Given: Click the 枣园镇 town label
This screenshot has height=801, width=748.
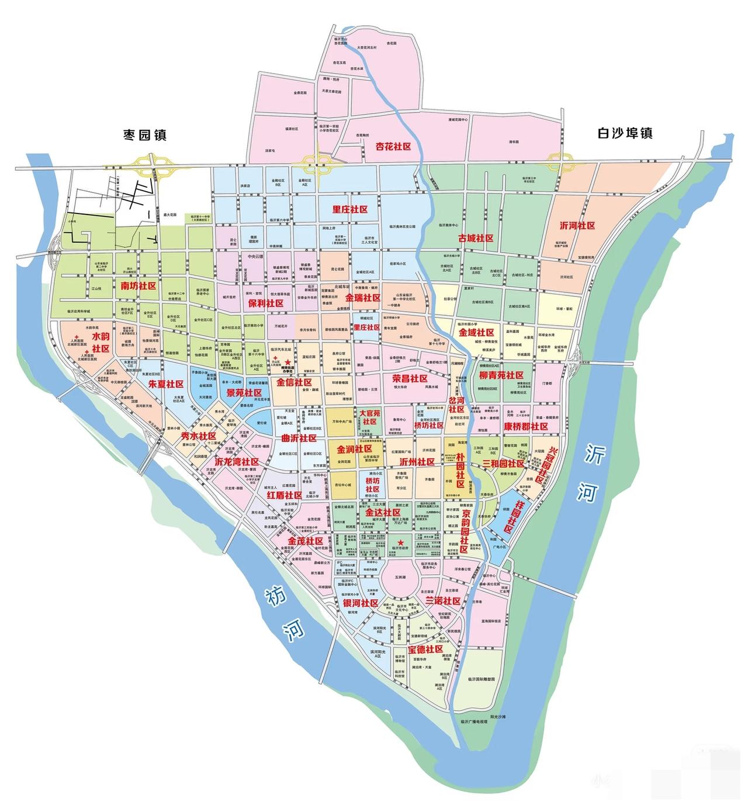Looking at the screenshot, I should click(x=144, y=135).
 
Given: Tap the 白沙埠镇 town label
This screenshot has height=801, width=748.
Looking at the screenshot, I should click(x=625, y=133).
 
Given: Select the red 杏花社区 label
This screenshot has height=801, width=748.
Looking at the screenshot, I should click(x=393, y=147).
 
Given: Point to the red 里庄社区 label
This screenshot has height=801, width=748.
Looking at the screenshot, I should click(x=349, y=209).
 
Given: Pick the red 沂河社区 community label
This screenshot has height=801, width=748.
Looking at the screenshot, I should click(x=577, y=225).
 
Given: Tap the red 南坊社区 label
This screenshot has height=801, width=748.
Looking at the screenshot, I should click(x=138, y=286).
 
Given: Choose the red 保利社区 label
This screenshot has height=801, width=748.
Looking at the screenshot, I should click(x=265, y=303).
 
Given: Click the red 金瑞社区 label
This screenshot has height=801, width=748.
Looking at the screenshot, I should click(x=363, y=298).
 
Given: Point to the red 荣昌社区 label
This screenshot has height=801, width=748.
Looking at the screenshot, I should click(x=410, y=378).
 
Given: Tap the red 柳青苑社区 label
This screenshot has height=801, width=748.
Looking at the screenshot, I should click(x=501, y=375).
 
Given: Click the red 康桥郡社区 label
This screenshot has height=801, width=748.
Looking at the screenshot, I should click(x=526, y=426).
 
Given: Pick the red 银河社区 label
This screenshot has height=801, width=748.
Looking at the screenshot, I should click(x=361, y=603).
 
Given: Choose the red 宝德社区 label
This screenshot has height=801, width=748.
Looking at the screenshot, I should click(x=425, y=649).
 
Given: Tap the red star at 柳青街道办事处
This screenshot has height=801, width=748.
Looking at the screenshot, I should click(x=288, y=363).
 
